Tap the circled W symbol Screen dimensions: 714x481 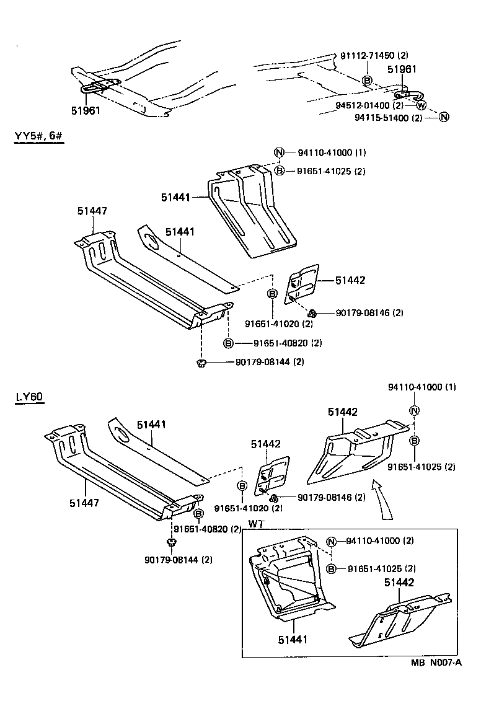click(421, 105)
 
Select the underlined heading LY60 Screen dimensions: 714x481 click(29, 397)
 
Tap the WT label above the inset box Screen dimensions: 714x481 click(257, 524)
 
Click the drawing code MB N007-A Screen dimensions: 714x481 click(436, 663)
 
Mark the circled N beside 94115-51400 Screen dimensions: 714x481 click(444, 117)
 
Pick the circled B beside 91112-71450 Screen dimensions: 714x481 click(367, 81)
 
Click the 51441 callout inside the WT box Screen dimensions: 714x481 click(291, 638)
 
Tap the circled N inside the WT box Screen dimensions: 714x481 click(332, 541)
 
